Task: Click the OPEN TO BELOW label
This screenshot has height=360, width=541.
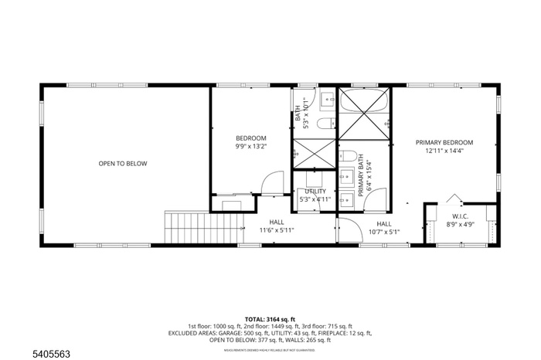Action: point(122,163)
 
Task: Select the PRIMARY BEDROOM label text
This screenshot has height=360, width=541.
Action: point(444,142)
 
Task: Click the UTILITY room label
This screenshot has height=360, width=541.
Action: point(315,191)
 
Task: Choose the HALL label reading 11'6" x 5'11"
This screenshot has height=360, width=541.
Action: point(276,225)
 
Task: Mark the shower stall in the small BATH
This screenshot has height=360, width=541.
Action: point(313,154)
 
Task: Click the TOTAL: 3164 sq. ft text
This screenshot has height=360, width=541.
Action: point(270,318)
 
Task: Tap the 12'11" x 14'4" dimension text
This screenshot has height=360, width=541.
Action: point(444,151)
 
